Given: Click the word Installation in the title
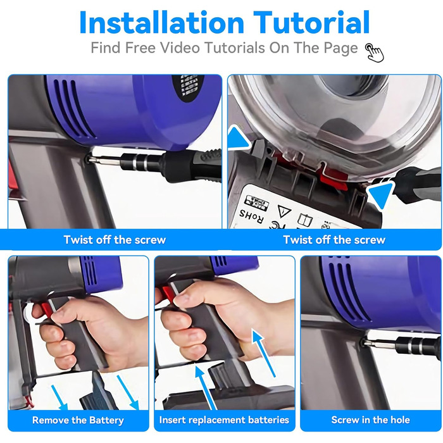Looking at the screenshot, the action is pos(161,23).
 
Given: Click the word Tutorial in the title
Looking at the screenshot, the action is pos(311,23).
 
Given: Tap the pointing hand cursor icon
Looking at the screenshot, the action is pos(375,53).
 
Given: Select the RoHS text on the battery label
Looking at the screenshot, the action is pos(251,216).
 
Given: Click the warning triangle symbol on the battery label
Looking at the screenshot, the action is pos(284,211).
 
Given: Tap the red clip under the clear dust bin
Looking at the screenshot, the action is pos(334,177).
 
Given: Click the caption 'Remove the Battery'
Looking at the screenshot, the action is pos(78,420).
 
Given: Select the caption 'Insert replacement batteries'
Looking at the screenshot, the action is pos(224,420).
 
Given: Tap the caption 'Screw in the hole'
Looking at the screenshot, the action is pos(370,420).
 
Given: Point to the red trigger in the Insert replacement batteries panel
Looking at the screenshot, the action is pos(167,294).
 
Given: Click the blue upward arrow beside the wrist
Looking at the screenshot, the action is pos(264,353).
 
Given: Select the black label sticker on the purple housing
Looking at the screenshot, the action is pos(188,85).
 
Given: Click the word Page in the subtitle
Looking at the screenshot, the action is pos(340,48).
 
